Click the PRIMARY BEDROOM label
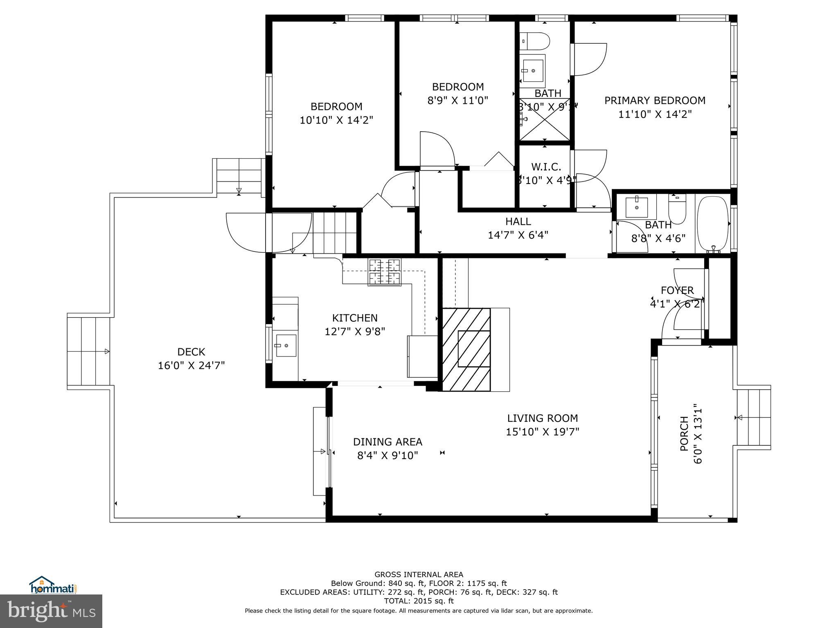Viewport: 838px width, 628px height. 655,101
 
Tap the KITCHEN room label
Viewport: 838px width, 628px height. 355,318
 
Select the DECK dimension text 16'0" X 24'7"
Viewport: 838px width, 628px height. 191,365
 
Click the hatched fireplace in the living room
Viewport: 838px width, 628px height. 466,350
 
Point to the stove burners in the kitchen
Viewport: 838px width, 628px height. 385,272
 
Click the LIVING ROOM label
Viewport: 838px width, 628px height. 543,418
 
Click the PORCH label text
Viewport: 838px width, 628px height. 684,433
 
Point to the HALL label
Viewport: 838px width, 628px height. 518,222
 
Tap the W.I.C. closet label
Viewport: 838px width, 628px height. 546,167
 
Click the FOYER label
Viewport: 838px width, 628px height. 677,290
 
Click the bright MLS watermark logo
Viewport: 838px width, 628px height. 51,611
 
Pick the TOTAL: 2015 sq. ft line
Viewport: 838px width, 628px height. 419,601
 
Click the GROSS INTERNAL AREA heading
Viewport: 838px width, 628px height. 419,574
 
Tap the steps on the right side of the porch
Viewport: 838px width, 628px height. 754,417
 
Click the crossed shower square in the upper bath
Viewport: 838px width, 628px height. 545,119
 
